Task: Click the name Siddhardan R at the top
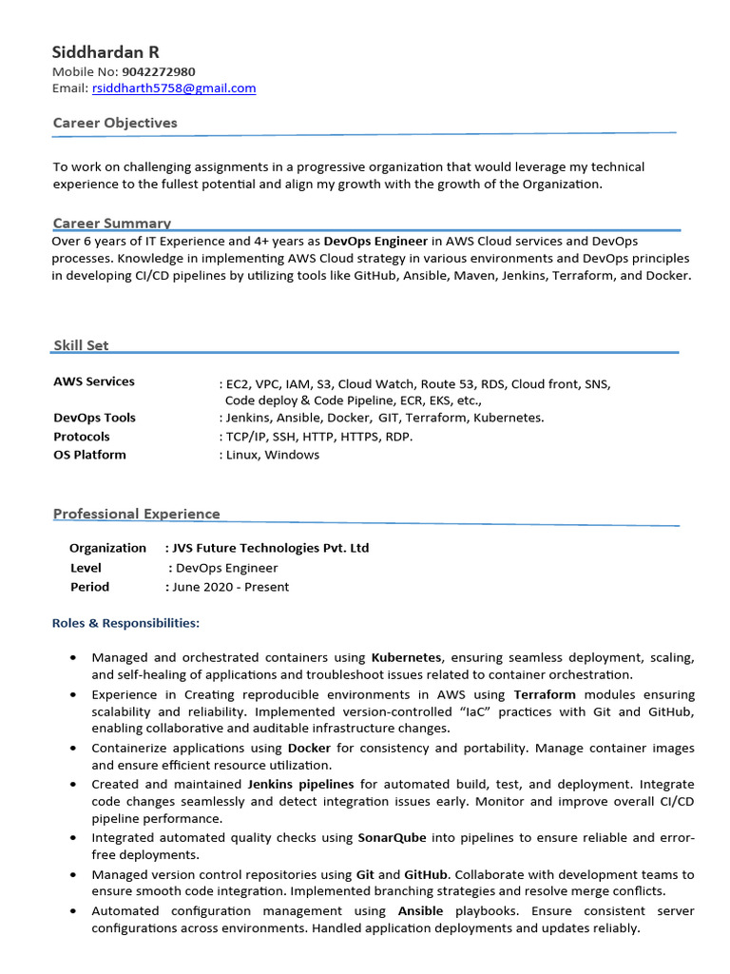click(x=106, y=52)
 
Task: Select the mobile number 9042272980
click(x=159, y=71)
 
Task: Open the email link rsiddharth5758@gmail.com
click(x=174, y=88)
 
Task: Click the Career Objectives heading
click(x=115, y=123)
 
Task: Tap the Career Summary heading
click(x=112, y=224)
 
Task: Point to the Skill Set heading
click(x=81, y=345)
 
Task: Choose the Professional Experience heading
click(x=136, y=514)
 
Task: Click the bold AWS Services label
click(x=94, y=381)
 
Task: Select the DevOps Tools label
click(x=94, y=418)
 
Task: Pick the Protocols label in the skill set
click(x=82, y=437)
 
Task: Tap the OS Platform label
click(x=89, y=455)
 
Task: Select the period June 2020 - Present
click(x=231, y=587)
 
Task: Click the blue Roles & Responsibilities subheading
click(x=125, y=623)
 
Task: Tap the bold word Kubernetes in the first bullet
click(x=406, y=657)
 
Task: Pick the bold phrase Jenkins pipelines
click(x=300, y=784)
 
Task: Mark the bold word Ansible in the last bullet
click(x=421, y=911)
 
